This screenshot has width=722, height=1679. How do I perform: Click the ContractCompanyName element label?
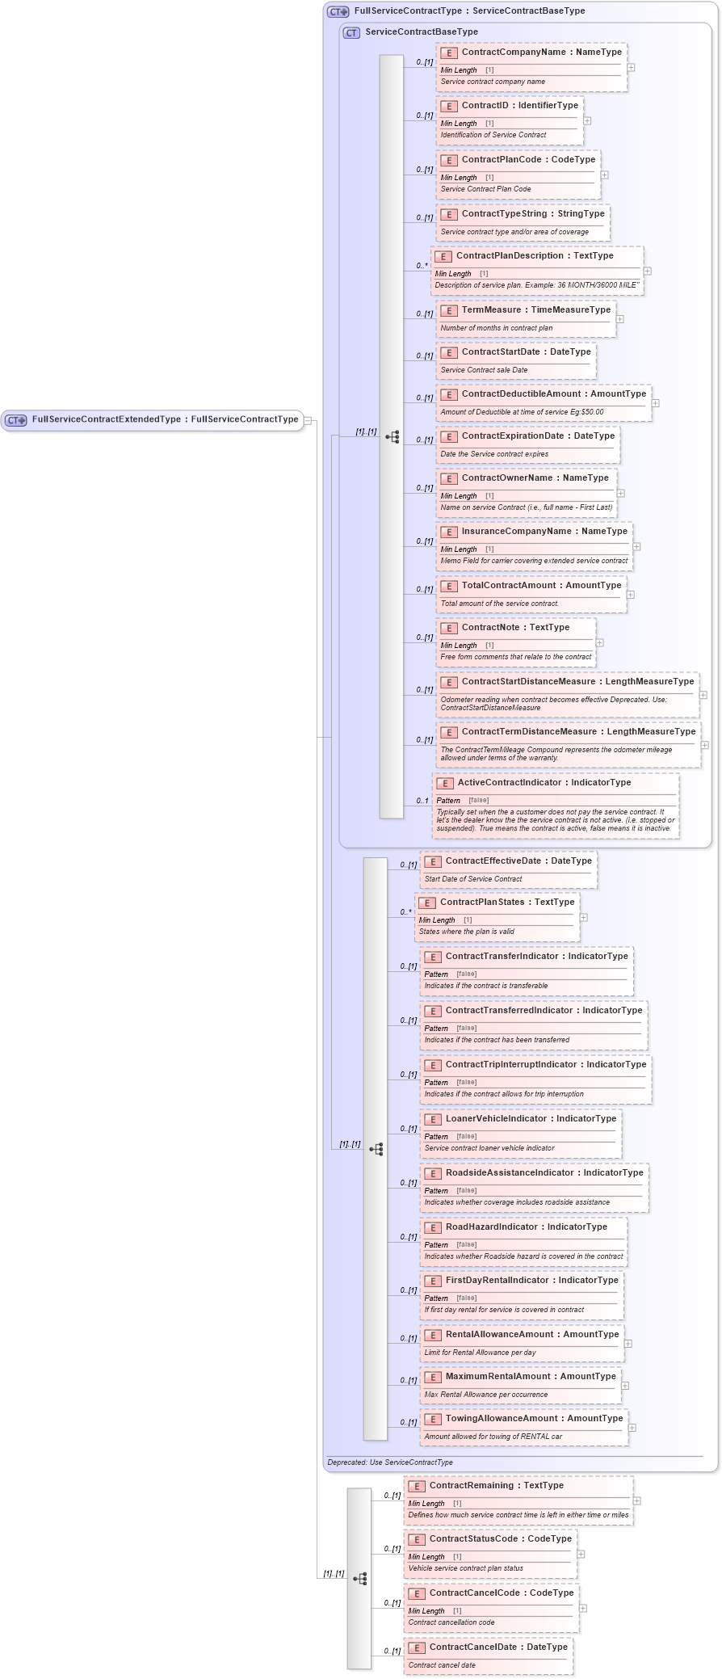click(x=541, y=53)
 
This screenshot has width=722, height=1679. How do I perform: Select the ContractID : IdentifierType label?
click(x=519, y=106)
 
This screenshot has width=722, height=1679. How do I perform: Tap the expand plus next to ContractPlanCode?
click(x=604, y=175)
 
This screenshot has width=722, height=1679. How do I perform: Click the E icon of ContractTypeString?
click(x=449, y=215)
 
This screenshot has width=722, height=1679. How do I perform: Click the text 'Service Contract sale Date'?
click(x=484, y=370)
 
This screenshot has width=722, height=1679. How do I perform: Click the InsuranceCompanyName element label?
click(x=544, y=532)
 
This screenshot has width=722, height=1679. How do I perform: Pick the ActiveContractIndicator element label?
click(x=544, y=783)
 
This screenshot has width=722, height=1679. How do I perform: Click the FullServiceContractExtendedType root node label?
click(x=165, y=420)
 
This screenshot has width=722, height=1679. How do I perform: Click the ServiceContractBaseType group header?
click(x=421, y=32)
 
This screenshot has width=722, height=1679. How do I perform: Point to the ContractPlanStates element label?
click(x=506, y=903)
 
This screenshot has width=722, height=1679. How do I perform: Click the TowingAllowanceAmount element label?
click(x=534, y=1419)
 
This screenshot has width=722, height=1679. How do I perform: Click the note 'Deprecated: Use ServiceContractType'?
click(x=390, y=1462)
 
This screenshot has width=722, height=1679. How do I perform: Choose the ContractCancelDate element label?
click(x=498, y=1647)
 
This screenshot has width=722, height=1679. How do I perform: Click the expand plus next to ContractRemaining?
click(x=637, y=1500)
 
